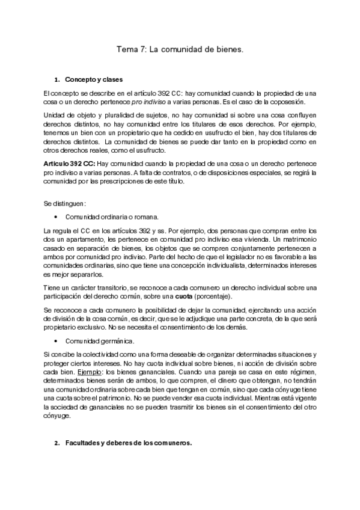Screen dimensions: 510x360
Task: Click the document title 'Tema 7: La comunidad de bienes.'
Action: pos(180,52)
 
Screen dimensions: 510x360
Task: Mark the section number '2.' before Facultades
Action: pos(58,444)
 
